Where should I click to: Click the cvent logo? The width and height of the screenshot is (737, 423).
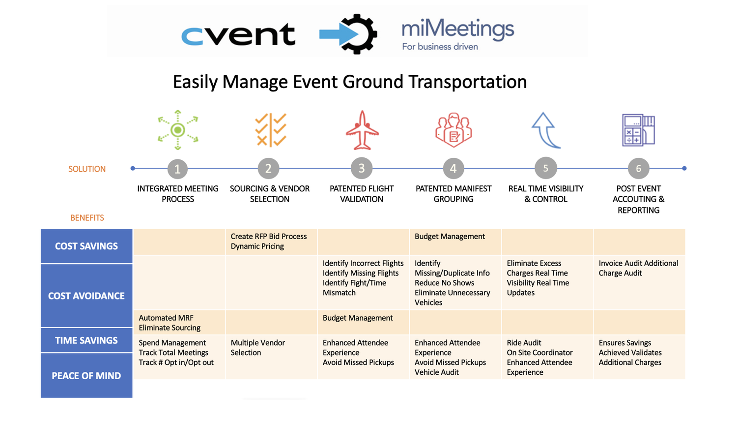click(238, 34)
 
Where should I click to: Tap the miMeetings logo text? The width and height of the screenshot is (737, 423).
click(457, 30)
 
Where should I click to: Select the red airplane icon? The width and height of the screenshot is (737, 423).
click(362, 130)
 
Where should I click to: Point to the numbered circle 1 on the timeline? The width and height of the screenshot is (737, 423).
click(177, 169)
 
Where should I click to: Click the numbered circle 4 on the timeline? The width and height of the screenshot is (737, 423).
click(453, 169)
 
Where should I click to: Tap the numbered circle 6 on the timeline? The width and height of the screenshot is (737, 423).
click(638, 169)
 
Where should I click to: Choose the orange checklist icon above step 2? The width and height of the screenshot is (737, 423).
click(270, 130)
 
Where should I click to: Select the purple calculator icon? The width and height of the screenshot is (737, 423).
click(638, 130)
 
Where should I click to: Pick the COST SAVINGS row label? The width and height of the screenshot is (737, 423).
click(86, 246)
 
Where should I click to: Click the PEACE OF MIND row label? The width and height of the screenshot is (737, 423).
click(86, 376)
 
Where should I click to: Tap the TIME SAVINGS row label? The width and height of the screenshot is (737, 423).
click(86, 340)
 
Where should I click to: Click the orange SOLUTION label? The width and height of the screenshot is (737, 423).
click(87, 169)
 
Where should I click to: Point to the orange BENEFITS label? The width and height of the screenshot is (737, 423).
click(87, 218)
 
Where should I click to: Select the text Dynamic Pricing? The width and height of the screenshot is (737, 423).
click(257, 246)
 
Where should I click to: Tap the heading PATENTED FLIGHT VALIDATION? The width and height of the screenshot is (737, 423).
click(362, 194)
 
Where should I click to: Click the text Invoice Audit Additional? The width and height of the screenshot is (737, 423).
click(638, 264)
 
